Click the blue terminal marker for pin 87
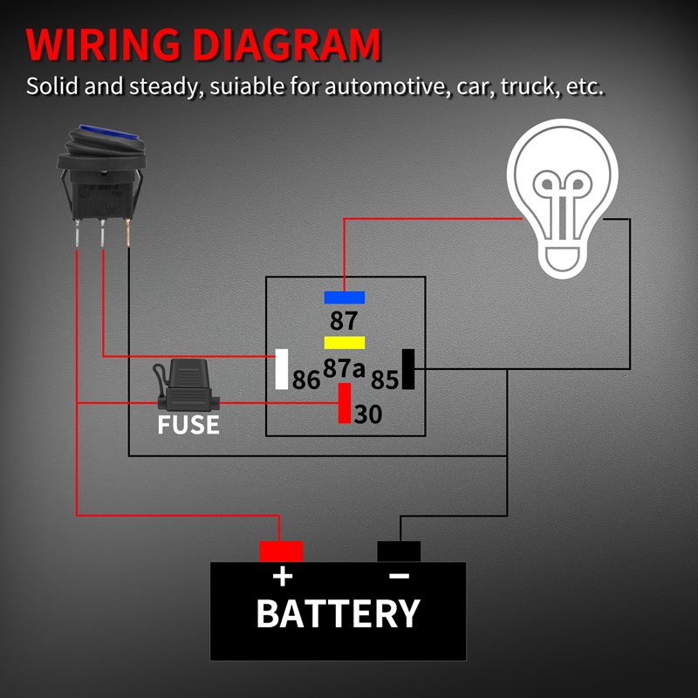tap(344, 298)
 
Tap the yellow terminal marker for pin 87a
tap(344, 342)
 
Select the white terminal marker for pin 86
tap(282, 369)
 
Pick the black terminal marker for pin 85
tap(407, 369)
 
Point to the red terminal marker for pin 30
tap(345, 403)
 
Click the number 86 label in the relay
tap(306, 380)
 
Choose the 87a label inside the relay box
tap(344, 368)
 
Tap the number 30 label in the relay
tap(368, 414)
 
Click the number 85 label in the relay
tap(384, 380)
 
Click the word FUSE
tap(188, 426)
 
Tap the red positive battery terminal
tap(281, 551)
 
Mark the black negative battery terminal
tap(399, 551)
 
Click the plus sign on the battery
tap(283, 577)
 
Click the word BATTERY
tap(339, 614)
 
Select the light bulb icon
tap(563, 198)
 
